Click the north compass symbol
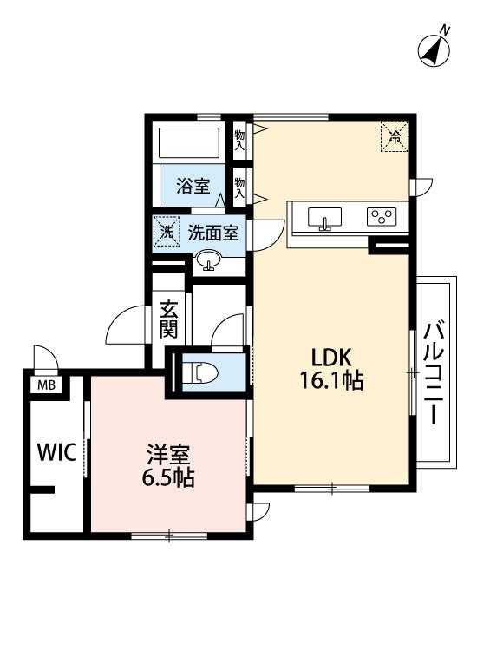pyautogui.click(x=435, y=49)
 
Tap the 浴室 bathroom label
pyautogui.click(x=193, y=185)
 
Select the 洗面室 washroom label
pyautogui.click(x=213, y=232)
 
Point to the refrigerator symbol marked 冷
pyautogui.click(x=394, y=135)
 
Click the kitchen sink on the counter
pyautogui.click(x=325, y=218)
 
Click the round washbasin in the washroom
pyautogui.click(x=208, y=259)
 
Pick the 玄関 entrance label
pyautogui.click(x=169, y=319)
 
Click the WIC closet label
pyautogui.click(x=56, y=452)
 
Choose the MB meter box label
pyautogui.click(x=42, y=385)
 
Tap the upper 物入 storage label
pyautogui.click(x=239, y=139)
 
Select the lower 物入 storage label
pyautogui.click(x=239, y=185)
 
